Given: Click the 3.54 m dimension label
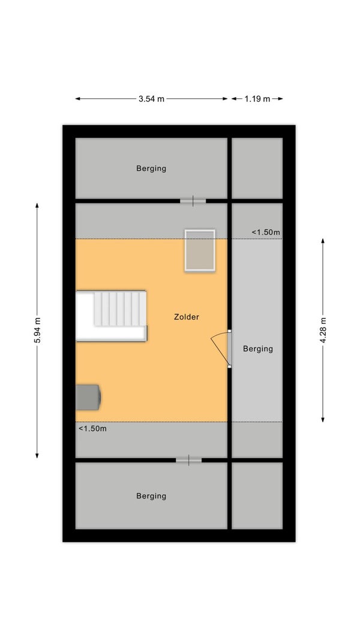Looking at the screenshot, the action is (151, 99).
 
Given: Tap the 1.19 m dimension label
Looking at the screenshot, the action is (257, 99).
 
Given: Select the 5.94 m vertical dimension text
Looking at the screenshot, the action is (37, 330).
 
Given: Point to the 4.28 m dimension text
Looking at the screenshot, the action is (323, 330).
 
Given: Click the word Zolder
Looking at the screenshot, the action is (187, 317).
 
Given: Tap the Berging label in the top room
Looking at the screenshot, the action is (151, 169).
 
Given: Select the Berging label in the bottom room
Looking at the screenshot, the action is (151, 496).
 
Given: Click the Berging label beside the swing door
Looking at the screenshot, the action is (258, 349).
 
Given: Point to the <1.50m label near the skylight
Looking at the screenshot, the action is (266, 232).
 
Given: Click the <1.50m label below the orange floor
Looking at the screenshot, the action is (92, 429).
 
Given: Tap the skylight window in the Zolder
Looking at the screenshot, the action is (200, 250).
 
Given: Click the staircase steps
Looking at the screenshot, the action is (120, 308).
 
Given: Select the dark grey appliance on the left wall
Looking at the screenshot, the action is (88, 397).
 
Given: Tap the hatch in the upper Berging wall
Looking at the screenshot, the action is (193, 201).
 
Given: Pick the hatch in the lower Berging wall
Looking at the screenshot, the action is (188, 461).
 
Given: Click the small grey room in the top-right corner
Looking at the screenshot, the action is (257, 168).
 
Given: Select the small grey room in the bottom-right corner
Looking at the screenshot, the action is (257, 495).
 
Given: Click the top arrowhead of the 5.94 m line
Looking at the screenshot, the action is (37, 205).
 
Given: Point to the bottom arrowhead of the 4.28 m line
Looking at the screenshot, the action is (323, 419).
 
